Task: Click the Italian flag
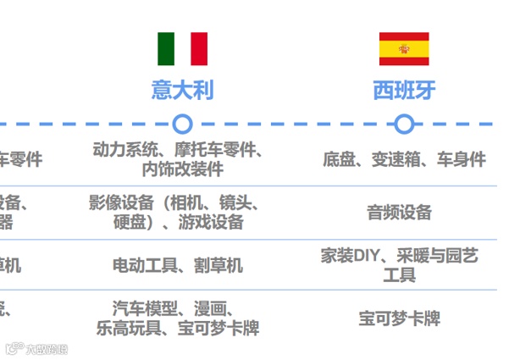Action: pyautogui.click(x=182, y=49)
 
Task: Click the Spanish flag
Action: pyautogui.click(x=404, y=49)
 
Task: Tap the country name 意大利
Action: pyautogui.click(x=182, y=90)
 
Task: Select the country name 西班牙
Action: pyautogui.click(x=404, y=90)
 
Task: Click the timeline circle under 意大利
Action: pyautogui.click(x=182, y=125)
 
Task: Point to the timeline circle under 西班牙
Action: pyautogui.click(x=404, y=125)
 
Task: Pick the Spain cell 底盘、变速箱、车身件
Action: pyautogui.click(x=404, y=158)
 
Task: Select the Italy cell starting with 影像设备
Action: pyautogui.click(x=179, y=212)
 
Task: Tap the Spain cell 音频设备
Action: pyautogui.click(x=400, y=212)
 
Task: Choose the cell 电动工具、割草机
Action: pyautogui.click(x=178, y=265)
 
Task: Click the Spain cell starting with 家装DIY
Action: pyautogui.click(x=400, y=264)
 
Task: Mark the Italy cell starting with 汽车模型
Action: pyautogui.click(x=178, y=318)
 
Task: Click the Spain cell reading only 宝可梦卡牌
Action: pyautogui.click(x=400, y=318)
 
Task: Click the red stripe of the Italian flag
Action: pyautogui.click(x=199, y=49)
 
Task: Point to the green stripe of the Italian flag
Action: pyautogui.click(x=165, y=49)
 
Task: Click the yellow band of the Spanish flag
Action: pyautogui.click(x=404, y=49)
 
